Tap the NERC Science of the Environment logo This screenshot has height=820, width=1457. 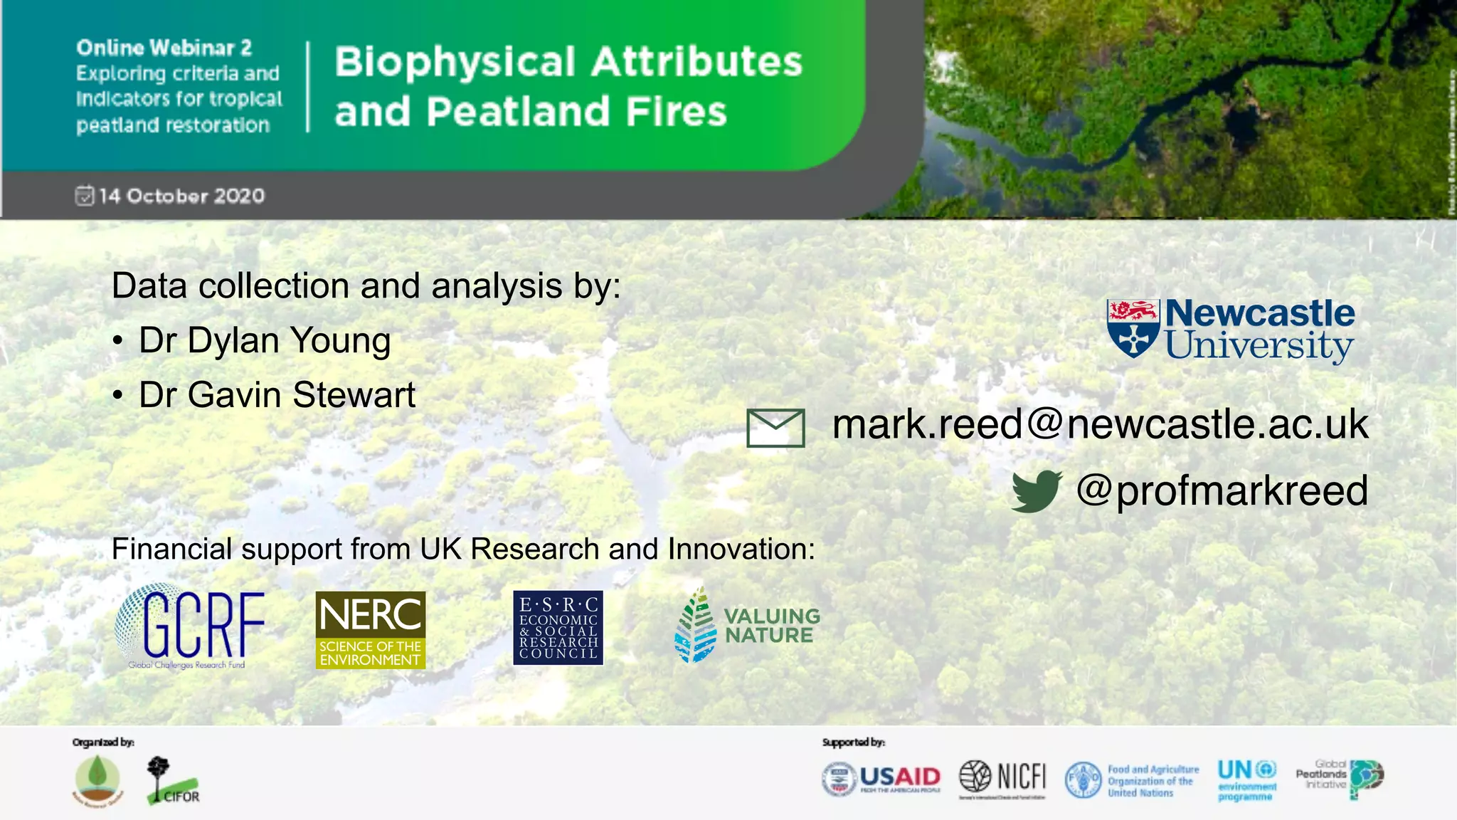pyautogui.click(x=370, y=630)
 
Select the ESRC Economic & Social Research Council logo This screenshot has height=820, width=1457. pyautogui.click(x=558, y=628)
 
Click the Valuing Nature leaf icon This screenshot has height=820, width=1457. pyautogui.click(x=695, y=626)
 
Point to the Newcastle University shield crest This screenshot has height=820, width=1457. pyautogui.click(x=1133, y=328)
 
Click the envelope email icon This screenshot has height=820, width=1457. pyautogui.click(x=775, y=427)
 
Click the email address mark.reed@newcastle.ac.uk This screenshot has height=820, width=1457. pyautogui.click(x=1100, y=424)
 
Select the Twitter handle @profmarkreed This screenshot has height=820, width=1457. pyautogui.click(x=1222, y=490)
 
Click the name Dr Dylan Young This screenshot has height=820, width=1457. pyautogui.click(x=265, y=340)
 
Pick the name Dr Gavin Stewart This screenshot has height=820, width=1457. pyautogui.click(x=277, y=395)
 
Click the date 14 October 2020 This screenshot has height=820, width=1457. pyautogui.click(x=181, y=196)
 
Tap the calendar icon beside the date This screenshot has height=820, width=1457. pyautogui.click(x=84, y=195)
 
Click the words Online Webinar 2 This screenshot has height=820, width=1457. pyautogui.click(x=164, y=48)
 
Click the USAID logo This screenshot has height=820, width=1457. pyautogui.click(x=881, y=778)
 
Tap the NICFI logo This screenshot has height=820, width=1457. pyautogui.click(x=1002, y=777)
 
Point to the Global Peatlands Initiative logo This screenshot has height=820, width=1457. pyautogui.click(x=1340, y=777)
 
